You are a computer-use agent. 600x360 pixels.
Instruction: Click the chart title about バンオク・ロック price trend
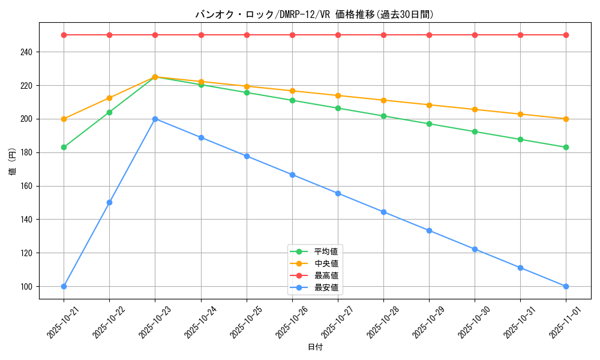pyautogui.click(x=314, y=14)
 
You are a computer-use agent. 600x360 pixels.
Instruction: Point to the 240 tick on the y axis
pyautogui.click(x=28, y=52)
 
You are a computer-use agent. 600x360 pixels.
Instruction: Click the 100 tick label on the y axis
pyautogui.click(x=28, y=286)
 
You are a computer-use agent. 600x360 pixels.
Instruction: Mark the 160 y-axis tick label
pyautogui.click(x=28, y=186)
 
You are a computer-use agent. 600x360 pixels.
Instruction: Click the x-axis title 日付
pyautogui.click(x=314, y=347)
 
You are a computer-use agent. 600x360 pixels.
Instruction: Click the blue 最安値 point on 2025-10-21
pyautogui.click(x=64, y=286)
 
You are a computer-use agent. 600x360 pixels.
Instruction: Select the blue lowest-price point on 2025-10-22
pyautogui.click(x=109, y=202)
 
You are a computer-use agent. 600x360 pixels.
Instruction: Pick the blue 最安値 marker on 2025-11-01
pyautogui.click(x=566, y=286)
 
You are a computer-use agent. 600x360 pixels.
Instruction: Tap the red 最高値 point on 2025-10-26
pyautogui.click(x=292, y=35)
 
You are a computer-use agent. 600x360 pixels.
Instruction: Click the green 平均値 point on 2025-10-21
pyautogui.click(x=64, y=147)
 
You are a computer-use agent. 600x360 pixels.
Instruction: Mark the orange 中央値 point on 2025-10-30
pyautogui.click(x=475, y=109)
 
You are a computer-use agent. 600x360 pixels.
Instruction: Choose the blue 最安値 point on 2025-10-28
pyautogui.click(x=383, y=212)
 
